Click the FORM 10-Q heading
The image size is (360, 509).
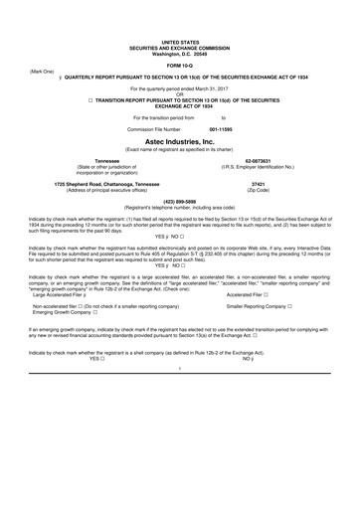pyautogui.click(x=179, y=67)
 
